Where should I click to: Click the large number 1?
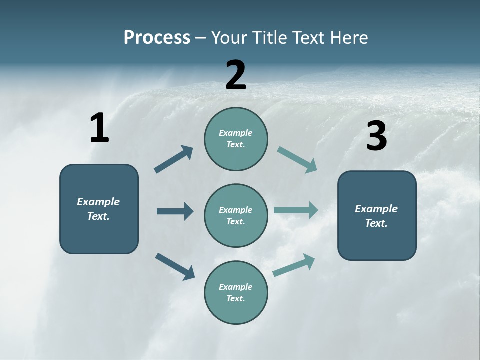pyautogui.click(x=99, y=128)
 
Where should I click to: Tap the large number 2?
pyautogui.click(x=236, y=75)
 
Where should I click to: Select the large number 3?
pyautogui.click(x=376, y=136)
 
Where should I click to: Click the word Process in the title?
pyautogui.click(x=157, y=37)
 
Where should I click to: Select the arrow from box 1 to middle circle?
pyautogui.click(x=175, y=211)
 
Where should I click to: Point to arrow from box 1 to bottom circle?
pyautogui.click(x=175, y=266)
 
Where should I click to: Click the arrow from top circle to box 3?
pyautogui.click(x=297, y=160)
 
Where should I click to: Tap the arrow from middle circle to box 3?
pyautogui.click(x=296, y=210)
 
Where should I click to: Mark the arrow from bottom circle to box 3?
pyautogui.click(x=294, y=265)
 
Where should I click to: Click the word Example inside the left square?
pyautogui.click(x=98, y=202)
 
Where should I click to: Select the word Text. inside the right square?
pyautogui.click(x=376, y=223)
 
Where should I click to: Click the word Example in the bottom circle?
pyautogui.click(x=235, y=287)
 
